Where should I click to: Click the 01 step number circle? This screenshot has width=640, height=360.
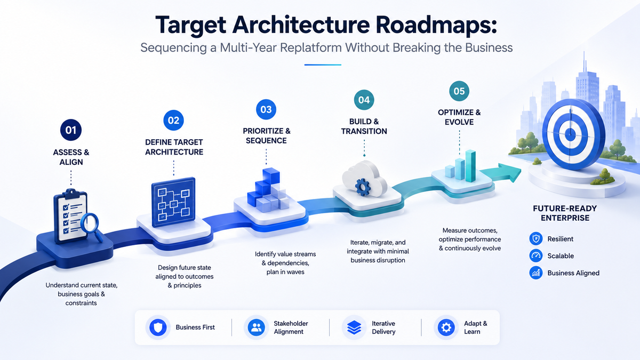tap(71, 130)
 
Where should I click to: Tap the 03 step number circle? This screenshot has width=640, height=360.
tap(266, 109)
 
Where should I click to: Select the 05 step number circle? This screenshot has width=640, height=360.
tap(459, 91)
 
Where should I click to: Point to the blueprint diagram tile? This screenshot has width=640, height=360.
tap(173, 202)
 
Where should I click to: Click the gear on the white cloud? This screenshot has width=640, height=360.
tap(363, 187)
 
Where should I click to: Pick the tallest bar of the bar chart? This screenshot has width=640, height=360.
tap(470, 166)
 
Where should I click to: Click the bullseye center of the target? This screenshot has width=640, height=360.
tap(570, 134)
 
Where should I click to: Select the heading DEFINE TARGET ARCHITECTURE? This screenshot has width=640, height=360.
tap(174, 147)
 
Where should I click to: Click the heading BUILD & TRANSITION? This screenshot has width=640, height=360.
tap(364, 126)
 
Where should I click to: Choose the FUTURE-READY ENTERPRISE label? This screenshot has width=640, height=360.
tap(565, 213)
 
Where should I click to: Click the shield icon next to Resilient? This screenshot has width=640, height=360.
tap(535, 239)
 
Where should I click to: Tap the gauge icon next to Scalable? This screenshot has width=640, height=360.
tap(535, 255)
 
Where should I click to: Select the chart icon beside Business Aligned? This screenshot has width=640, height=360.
tap(535, 273)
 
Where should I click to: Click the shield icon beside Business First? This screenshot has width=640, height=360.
tap(158, 327)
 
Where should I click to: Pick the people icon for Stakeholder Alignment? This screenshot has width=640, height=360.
tap(257, 327)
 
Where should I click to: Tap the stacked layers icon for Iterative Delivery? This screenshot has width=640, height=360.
tap(354, 327)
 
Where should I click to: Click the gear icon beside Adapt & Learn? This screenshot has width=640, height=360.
tap(446, 327)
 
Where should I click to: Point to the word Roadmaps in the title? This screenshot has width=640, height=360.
tap(436, 26)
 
